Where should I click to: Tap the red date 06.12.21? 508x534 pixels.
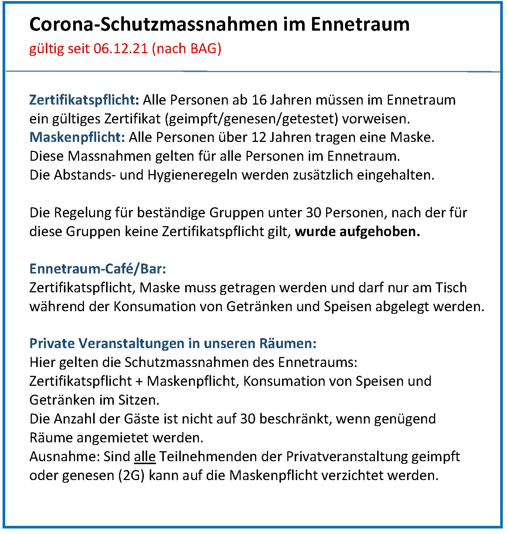pos(121,49)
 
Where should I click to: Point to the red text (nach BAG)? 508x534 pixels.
pos(187,49)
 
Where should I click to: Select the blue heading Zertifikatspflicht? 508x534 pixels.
pos(84,100)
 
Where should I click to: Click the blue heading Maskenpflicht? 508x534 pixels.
pos(77,137)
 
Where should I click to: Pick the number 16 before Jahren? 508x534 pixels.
pos(259,100)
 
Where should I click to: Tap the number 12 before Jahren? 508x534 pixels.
pos(259,137)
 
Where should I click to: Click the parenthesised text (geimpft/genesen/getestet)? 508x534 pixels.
pos(251,119)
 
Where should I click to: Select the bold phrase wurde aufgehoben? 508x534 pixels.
pos(357,232)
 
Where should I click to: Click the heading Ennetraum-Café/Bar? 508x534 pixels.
pos(98,269)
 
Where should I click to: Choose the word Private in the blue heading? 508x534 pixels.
pos(52,343)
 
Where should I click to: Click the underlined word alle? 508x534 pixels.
pos(145,457)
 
